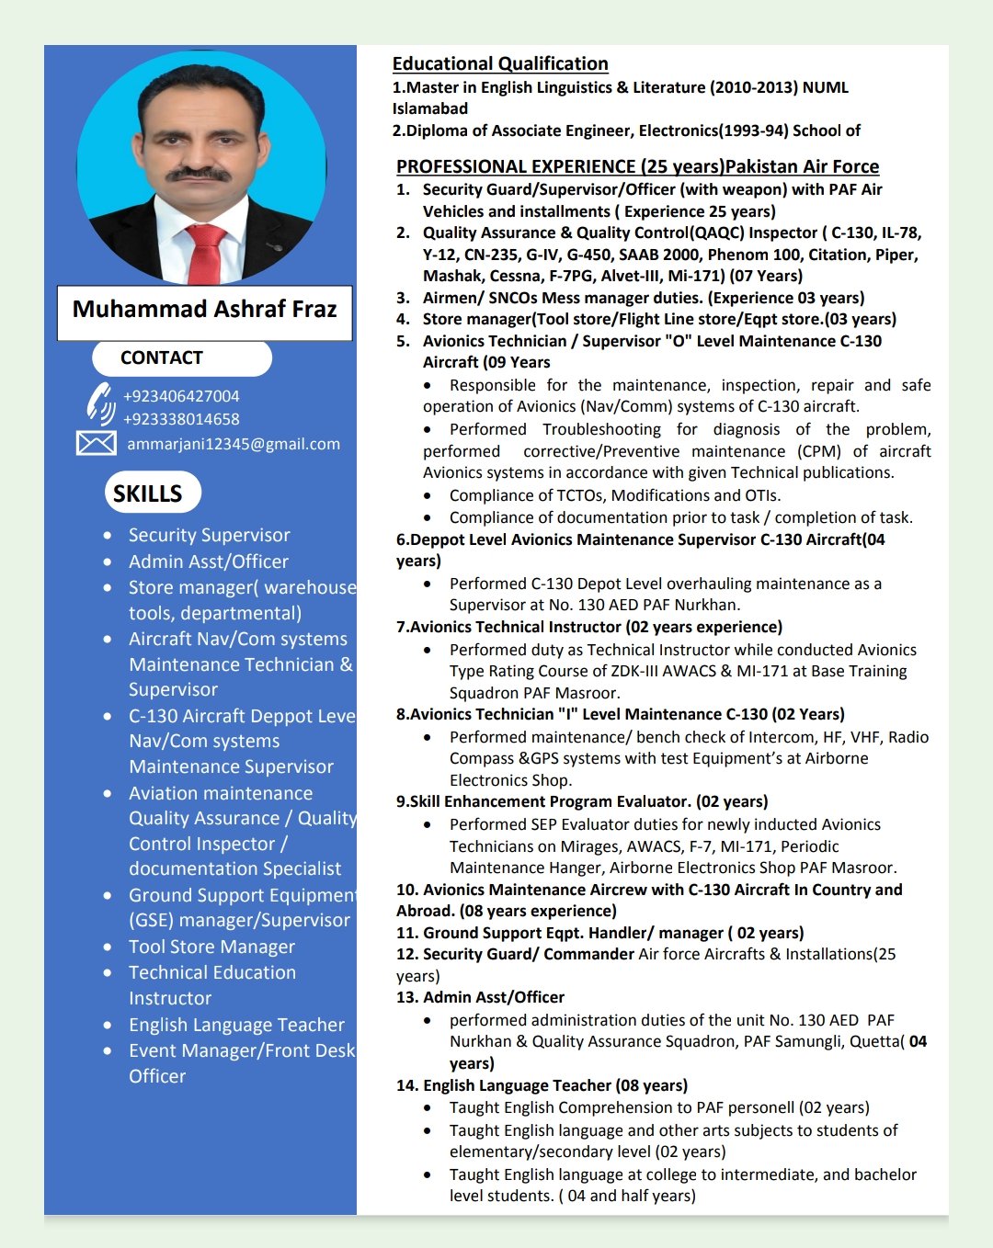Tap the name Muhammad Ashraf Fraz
coord(205,310)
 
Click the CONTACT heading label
coord(162,358)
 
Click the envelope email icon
coord(96,444)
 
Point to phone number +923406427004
coord(181,396)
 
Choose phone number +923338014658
coord(181,419)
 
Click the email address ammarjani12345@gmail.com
coord(234,444)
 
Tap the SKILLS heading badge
coord(148,494)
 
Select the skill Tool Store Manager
coord(211,947)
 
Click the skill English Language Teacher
coord(236,1025)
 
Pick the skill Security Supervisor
coord(209,535)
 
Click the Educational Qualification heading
coord(500,63)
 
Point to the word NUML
coord(826,87)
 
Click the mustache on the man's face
coord(199,173)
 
